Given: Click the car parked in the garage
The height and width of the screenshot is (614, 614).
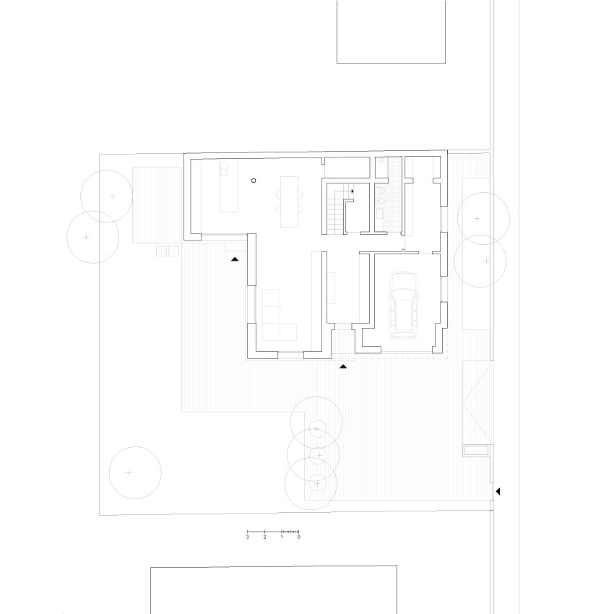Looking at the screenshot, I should coord(404,305).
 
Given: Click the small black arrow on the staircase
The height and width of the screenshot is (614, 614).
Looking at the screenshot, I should coord(353,191).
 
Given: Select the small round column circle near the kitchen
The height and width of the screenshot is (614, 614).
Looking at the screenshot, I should coord(254,180).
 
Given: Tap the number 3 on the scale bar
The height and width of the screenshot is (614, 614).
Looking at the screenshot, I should coord(248,537).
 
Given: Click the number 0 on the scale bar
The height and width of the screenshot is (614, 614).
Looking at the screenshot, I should coord(298,537).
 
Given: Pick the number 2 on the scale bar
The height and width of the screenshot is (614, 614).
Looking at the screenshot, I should coord(265,537).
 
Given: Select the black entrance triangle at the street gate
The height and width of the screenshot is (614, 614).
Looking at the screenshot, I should coord(497,492).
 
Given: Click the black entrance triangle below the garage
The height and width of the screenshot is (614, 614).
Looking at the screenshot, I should coord(343,366).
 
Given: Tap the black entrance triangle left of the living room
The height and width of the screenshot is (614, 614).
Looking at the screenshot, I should coord(235,258).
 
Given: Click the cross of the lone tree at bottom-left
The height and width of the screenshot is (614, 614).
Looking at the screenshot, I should coord(129,472).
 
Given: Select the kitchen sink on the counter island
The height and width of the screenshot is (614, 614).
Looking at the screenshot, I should coord(224,170).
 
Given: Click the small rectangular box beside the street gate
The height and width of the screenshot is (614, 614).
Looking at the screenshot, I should coord(476,451).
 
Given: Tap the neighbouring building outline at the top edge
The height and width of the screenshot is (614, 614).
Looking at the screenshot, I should coord(391,33).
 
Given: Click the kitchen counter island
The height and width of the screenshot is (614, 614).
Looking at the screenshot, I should coord(228,186).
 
